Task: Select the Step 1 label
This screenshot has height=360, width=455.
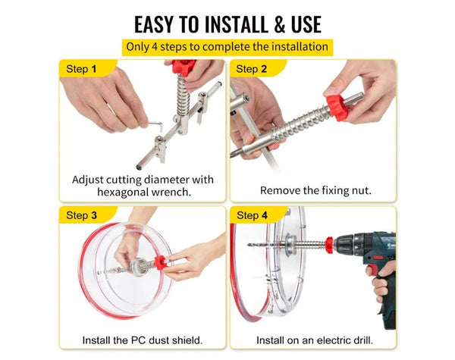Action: click(x=81, y=69)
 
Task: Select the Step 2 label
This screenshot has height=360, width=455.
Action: click(x=251, y=69)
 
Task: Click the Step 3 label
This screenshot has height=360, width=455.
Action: click(x=81, y=215)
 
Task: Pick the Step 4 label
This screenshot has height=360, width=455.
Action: click(x=251, y=215)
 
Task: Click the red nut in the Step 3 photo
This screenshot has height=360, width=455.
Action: click(x=160, y=263)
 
